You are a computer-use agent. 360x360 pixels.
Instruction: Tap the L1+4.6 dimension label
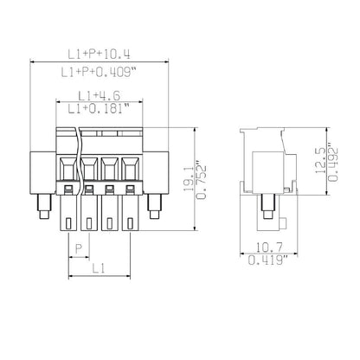(x=97, y=95)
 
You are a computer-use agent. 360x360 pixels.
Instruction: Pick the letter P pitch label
(x=80, y=248)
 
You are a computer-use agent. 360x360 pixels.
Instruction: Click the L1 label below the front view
(x=100, y=270)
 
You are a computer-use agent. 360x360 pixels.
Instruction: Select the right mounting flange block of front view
(x=156, y=169)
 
